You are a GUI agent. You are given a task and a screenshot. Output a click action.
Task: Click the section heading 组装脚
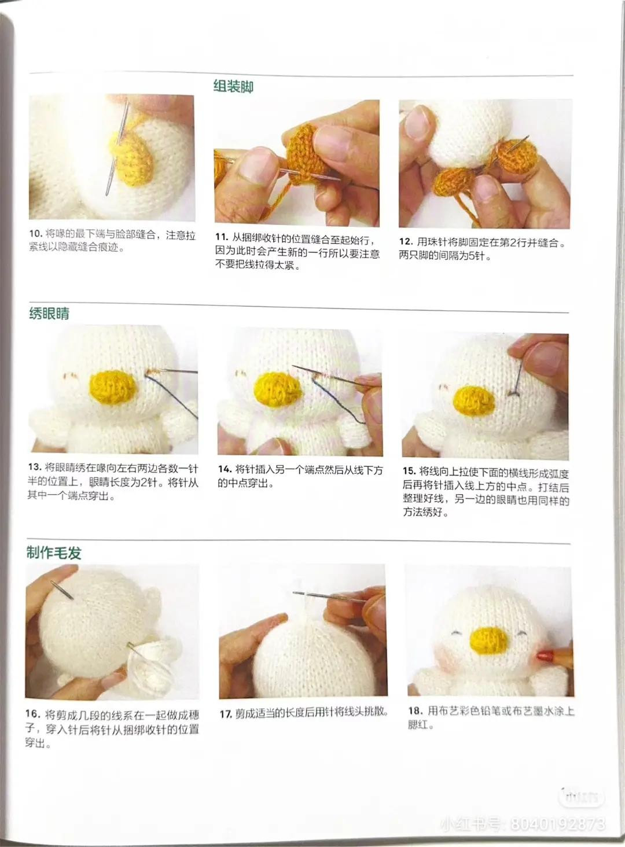coord(233,87)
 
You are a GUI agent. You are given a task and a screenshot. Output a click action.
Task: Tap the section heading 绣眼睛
coord(49,314)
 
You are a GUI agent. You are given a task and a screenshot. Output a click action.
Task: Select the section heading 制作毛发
coord(54,553)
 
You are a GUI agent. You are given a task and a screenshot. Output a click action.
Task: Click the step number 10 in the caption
coord(36,234)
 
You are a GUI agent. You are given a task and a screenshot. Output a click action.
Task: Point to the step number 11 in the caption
coord(221,237)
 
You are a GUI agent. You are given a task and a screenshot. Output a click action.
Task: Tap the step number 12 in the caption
coord(406,242)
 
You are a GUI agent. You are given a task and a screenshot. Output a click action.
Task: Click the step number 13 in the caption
coord(34,467)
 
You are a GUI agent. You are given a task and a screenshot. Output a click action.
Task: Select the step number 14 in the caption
coord(225,469)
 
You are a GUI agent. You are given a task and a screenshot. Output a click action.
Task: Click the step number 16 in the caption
coord(32,715)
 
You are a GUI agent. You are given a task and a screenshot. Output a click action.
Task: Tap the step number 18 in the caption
coord(415,711)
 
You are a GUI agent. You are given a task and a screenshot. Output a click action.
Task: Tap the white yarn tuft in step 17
coord(305,602)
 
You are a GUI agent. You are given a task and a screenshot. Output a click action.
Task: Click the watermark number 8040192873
coord(556,823)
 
